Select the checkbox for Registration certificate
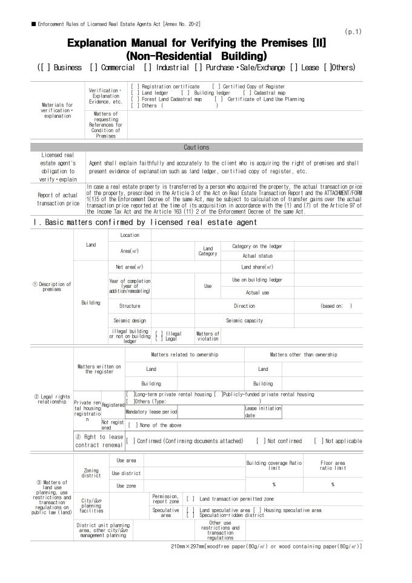click(x=134, y=87)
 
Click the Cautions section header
click(x=196, y=147)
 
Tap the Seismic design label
click(x=130, y=320)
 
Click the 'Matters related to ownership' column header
click(x=184, y=354)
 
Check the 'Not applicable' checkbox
click(x=317, y=441)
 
